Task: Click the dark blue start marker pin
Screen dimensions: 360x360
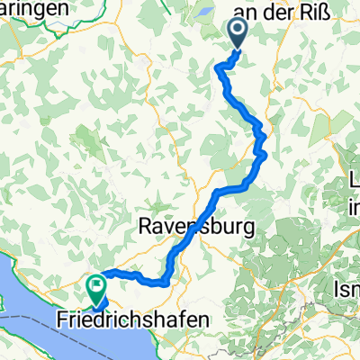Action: click(239, 33)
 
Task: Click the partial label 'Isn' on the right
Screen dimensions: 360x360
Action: click(348, 290)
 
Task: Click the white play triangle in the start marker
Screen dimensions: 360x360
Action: click(240, 31)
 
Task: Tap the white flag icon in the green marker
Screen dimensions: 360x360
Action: click(96, 286)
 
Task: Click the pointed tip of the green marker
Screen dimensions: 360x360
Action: click(96, 301)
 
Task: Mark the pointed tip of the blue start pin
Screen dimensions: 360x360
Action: click(239, 47)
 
